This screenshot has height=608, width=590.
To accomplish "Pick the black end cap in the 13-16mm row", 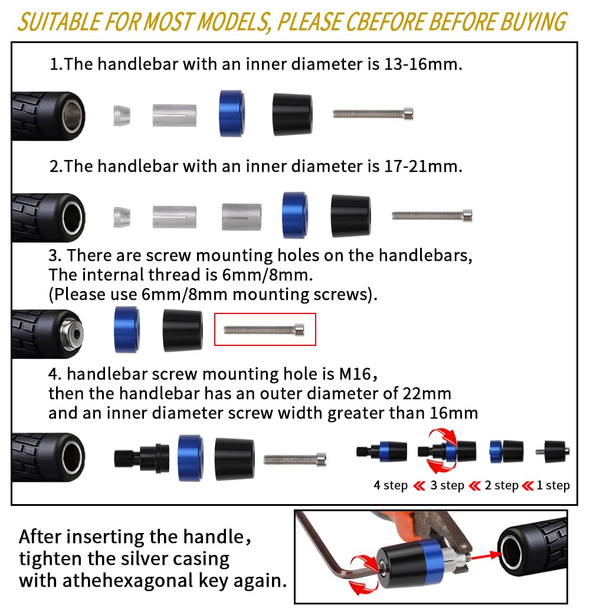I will (x=292, y=113).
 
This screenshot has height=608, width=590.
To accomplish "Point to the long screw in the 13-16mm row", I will (x=373, y=113).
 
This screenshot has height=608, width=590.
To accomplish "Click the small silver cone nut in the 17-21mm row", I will (x=122, y=217).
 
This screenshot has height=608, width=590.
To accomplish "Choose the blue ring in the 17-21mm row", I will (x=294, y=215).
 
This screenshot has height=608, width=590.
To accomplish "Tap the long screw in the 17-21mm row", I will (x=432, y=215).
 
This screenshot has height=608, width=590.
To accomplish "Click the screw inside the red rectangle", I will (x=264, y=329).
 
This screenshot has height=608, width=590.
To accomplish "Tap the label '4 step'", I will (x=391, y=486).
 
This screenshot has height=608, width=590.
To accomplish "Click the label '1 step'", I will (x=553, y=486).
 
